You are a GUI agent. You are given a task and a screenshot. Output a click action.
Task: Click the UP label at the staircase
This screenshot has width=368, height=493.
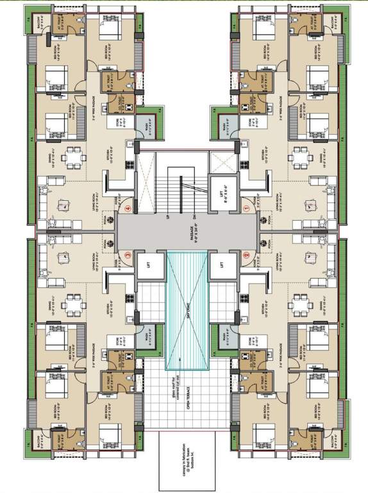click(x=168, y=217)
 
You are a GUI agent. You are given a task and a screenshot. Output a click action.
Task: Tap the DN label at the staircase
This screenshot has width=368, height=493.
click(x=203, y=217)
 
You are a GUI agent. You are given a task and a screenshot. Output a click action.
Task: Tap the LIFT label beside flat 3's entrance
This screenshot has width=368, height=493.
click(x=149, y=265)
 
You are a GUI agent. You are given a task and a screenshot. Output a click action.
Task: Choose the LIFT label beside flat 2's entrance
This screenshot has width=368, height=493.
click(x=221, y=265)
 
